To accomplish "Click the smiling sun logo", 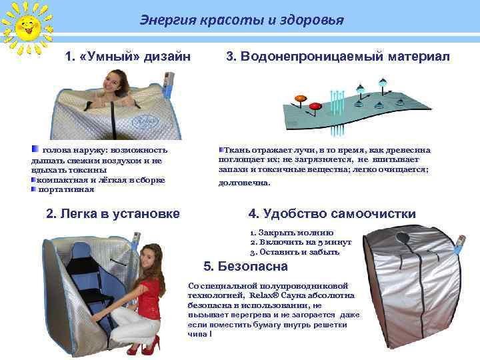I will click(25, 27).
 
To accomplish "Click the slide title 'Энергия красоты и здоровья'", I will click(241, 20).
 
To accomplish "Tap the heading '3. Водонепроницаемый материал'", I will click(338, 57).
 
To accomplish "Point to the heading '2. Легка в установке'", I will click(113, 214).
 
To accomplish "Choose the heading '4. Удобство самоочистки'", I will click(332, 214).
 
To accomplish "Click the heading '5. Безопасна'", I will click(245, 267).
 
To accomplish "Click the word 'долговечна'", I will click(245, 183).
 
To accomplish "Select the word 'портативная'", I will click(67, 189).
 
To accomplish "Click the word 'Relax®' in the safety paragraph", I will click(265, 295).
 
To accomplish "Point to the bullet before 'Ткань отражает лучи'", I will click(222, 151).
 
